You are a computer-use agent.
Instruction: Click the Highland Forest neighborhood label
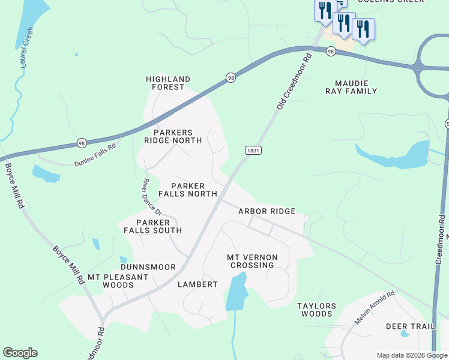click(x=168, y=83)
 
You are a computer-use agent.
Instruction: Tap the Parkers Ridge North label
click(x=173, y=136)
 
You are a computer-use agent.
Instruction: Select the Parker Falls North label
click(x=187, y=190)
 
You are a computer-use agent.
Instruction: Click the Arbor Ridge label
click(x=267, y=211)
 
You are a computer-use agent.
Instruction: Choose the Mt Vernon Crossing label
click(x=250, y=261)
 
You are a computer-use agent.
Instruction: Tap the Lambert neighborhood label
click(x=197, y=284)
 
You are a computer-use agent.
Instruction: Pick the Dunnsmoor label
click(x=148, y=267)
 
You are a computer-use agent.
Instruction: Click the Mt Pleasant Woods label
click(x=118, y=281)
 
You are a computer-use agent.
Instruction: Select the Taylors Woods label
click(x=317, y=310)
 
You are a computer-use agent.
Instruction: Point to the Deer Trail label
click(x=410, y=326)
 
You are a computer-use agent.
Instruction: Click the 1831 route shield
click(x=253, y=150)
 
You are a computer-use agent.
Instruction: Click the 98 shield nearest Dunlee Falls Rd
click(x=82, y=143)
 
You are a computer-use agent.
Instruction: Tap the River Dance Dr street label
click(x=152, y=197)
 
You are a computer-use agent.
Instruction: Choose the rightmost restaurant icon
click(x=363, y=28)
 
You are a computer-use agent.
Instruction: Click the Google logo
click(x=20, y=353)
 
